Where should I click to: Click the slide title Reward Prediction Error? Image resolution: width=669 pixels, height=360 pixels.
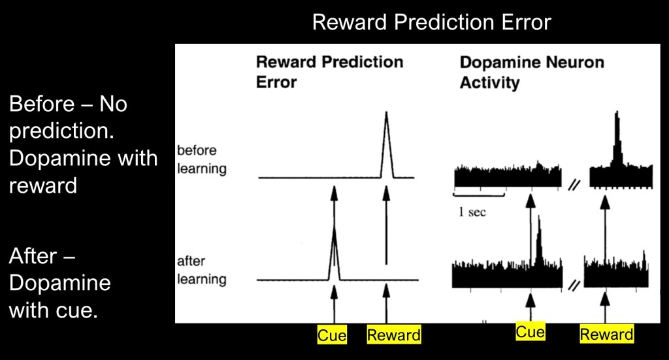pos(431,22)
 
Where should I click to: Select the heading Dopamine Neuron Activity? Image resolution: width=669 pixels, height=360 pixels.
pos(532,72)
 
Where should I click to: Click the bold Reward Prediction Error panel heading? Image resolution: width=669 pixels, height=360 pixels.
pos(329,72)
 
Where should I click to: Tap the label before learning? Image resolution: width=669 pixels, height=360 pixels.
pos(202,159)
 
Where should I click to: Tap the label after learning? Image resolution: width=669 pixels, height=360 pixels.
pos(202,270)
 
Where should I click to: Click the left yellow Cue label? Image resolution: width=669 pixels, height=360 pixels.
pos(332,335)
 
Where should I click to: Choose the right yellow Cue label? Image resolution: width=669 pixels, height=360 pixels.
pos(530,332)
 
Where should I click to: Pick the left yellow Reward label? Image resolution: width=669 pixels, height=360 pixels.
pos(394,335)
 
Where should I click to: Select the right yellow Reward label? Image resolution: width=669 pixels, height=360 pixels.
pos(606,335)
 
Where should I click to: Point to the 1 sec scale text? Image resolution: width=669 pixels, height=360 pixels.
pos(472,212)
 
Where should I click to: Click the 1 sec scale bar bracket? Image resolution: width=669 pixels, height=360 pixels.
pos(479,195)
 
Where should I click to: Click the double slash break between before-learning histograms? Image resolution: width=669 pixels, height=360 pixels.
pos(575,185)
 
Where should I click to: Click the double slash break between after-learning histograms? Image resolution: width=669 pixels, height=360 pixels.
pos(574,285)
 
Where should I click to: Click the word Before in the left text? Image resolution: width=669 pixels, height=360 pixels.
pos(41,104)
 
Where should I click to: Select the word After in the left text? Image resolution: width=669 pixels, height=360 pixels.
pos(33,256)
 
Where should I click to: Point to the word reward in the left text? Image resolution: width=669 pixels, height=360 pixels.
pos(42,186)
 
